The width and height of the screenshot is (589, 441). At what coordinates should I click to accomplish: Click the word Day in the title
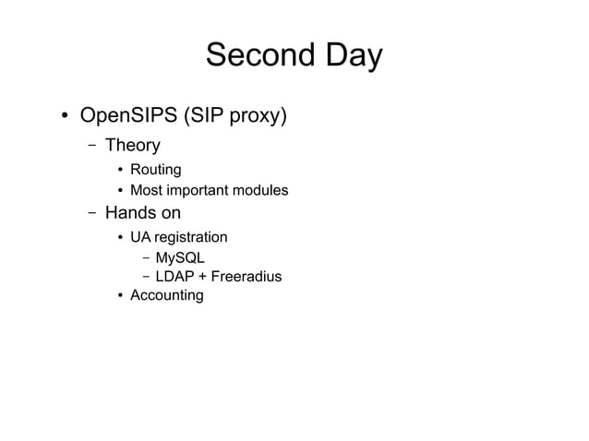point(350,55)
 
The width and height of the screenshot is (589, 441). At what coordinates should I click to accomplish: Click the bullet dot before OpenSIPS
point(66,117)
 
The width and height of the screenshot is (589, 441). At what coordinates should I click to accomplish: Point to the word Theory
point(132,145)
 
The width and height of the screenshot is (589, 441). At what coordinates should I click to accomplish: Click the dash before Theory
point(91,146)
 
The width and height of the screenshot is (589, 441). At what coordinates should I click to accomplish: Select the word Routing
point(155,170)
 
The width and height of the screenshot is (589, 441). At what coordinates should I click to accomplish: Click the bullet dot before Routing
point(120,171)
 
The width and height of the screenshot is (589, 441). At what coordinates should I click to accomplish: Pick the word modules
point(260,191)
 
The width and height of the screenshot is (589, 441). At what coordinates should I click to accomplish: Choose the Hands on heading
point(142,213)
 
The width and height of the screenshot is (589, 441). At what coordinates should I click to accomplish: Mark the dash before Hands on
point(91,214)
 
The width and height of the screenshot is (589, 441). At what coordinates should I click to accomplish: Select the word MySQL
point(180,257)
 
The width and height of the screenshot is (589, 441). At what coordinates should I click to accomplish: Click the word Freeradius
point(246,277)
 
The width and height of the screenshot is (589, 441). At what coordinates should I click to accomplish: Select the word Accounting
point(166,295)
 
